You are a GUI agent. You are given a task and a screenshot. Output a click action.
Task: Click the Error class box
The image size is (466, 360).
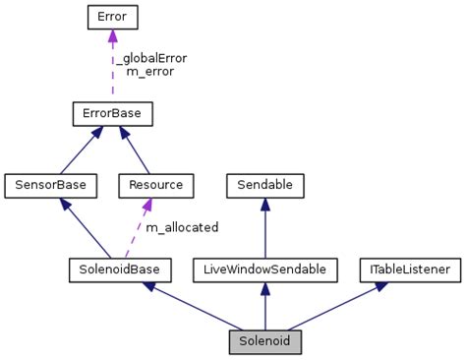click(112, 17)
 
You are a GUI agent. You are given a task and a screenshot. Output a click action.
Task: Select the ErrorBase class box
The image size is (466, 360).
click(112, 114)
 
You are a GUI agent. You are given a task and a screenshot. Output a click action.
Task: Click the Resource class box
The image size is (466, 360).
click(155, 184)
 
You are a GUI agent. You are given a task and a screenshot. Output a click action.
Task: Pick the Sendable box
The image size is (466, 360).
click(264, 184)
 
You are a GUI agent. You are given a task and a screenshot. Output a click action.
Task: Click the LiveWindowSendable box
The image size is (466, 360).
click(264, 268)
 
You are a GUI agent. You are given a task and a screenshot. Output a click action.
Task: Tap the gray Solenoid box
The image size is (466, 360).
click(264, 341)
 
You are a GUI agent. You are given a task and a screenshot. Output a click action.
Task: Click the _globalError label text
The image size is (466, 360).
click(150, 58)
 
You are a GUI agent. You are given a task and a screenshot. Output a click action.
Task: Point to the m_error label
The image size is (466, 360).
click(150, 72)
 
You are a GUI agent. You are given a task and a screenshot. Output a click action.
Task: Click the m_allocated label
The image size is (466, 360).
click(182, 227)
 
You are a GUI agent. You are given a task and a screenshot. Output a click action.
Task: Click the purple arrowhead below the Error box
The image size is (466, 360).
click(112, 36)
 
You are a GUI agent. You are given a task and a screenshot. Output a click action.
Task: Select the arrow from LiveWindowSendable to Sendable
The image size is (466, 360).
click(264, 231)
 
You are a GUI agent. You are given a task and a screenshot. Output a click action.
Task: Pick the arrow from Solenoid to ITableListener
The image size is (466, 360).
click(334, 305)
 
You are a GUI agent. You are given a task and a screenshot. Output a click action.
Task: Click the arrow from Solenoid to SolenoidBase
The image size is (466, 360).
click(192, 305)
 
